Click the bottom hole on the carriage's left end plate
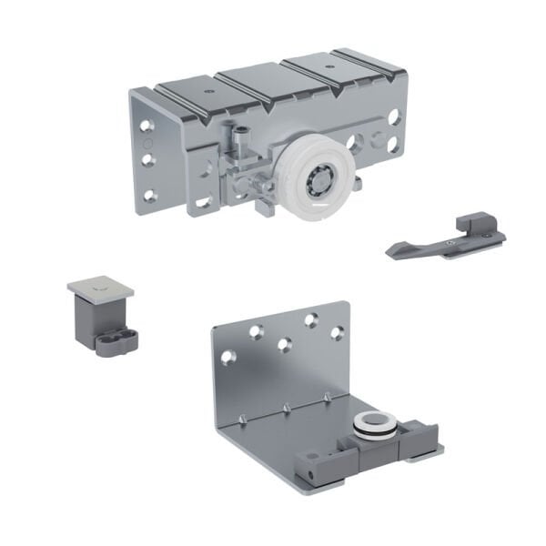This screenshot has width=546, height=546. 147,181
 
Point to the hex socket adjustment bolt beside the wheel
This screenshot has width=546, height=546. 238,137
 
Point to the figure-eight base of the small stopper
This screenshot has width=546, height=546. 116,342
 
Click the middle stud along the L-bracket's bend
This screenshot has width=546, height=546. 285,407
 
